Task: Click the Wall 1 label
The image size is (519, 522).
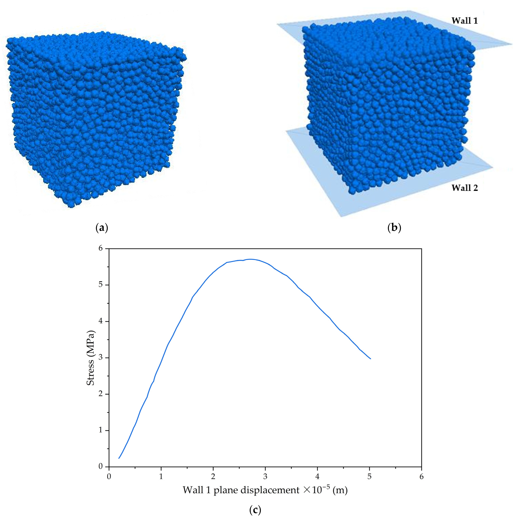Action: tap(464, 21)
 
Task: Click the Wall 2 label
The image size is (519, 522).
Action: tap(464, 188)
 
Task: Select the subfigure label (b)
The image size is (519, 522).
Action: tap(394, 228)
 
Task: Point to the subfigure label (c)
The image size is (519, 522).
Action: tap(255, 510)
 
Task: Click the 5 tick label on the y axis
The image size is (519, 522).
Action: tap(101, 285)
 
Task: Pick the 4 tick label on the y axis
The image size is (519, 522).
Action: tap(101, 321)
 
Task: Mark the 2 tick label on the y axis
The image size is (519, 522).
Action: tap(101, 394)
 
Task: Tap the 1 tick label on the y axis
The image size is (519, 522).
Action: tap(101, 430)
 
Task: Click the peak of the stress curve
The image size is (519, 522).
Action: tap(251, 259)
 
